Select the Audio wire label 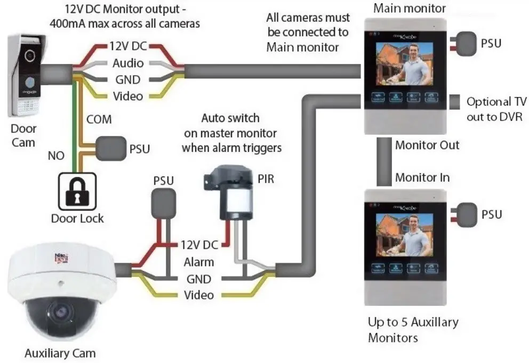pyautogui.click(x=128, y=63)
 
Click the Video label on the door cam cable pyautogui.click(x=128, y=96)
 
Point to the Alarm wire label pyautogui.click(x=199, y=262)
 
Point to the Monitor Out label pyautogui.click(x=427, y=145)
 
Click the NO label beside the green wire pyautogui.click(x=56, y=156)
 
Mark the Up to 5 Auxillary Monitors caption pyautogui.click(x=413, y=329)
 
